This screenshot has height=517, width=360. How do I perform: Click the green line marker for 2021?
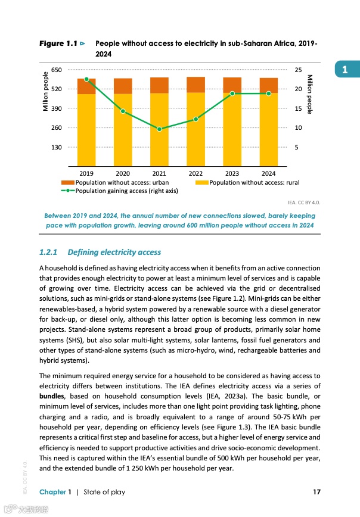tap(159, 129)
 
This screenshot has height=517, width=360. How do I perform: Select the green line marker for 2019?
tap(86, 79)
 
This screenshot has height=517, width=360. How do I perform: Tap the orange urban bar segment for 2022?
tap(195, 85)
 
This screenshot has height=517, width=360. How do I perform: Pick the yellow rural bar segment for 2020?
tap(123, 128)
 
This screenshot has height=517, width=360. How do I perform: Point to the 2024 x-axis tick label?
tap(268, 174)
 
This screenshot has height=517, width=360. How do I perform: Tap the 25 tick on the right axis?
tap(298, 70)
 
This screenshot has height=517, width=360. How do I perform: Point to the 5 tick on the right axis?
tap(296, 147)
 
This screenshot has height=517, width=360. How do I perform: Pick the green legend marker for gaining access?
tap(67, 191)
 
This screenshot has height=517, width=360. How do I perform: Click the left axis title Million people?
tap(46, 91)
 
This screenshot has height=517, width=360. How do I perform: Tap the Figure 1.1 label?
tap(58, 43)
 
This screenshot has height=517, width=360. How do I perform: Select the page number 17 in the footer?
tap(316, 491)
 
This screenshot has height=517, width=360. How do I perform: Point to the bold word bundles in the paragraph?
tap(52, 395)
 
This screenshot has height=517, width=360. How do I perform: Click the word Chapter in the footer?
tap(52, 491)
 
